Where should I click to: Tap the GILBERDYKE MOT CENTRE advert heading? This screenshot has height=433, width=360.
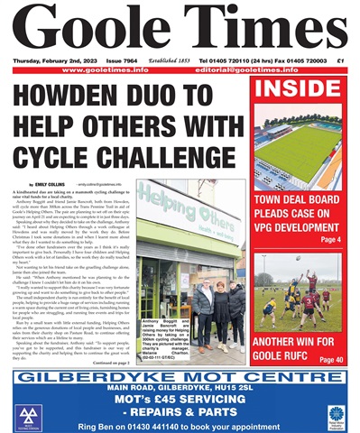click(x=180, y=374)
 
